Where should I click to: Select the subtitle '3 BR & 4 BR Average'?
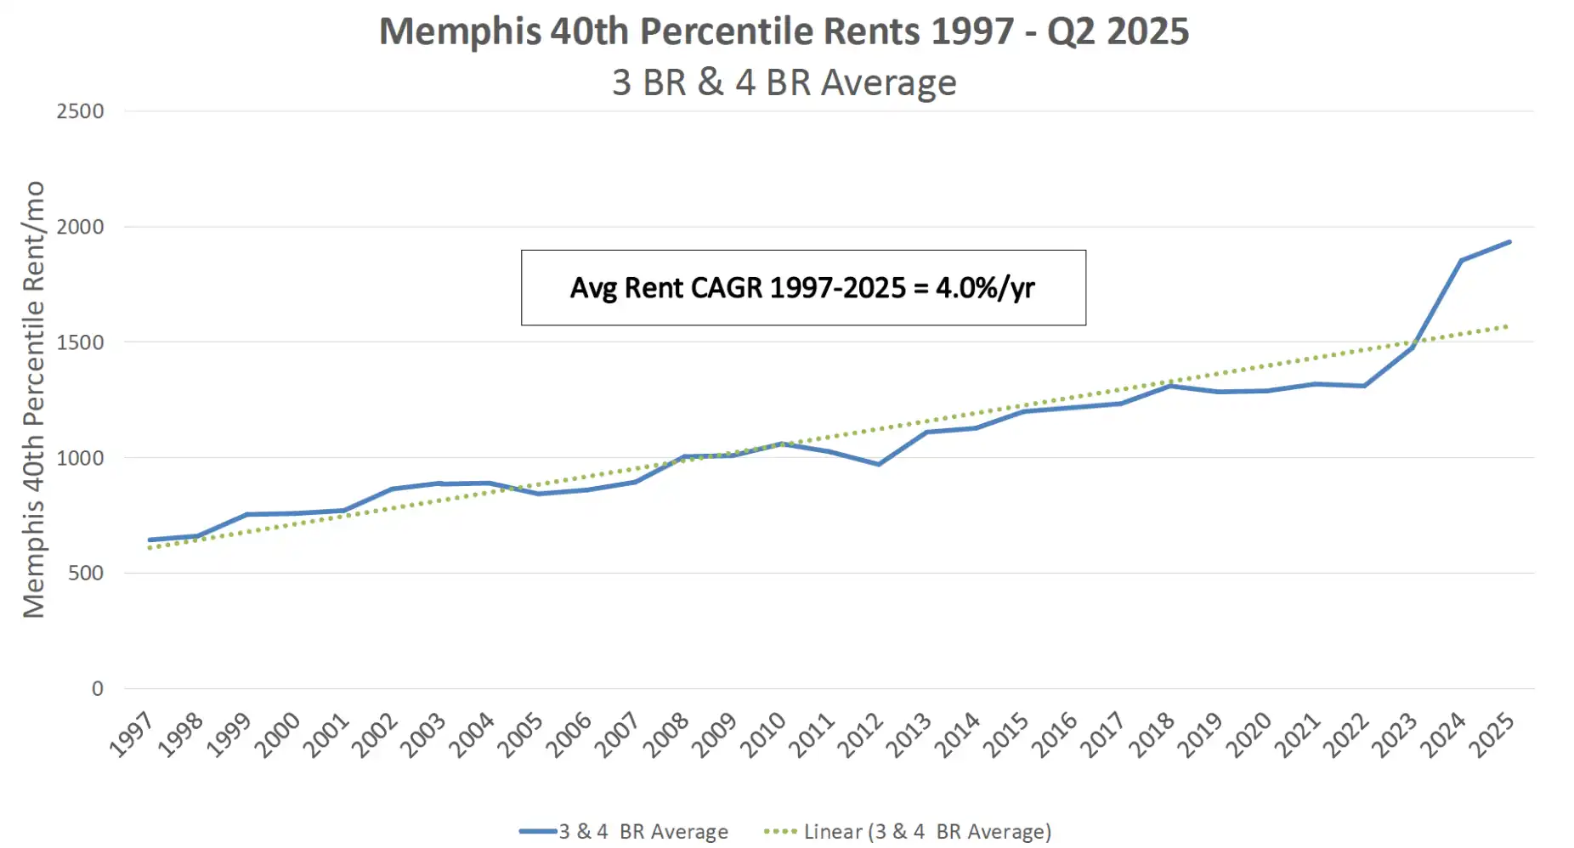click(784, 83)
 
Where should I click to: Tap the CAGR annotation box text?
click(802, 288)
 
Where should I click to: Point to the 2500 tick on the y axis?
click(80, 111)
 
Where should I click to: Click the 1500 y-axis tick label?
click(80, 342)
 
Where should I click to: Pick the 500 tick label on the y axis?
click(86, 574)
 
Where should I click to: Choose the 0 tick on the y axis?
click(98, 689)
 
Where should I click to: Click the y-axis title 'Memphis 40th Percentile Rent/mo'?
click(33, 399)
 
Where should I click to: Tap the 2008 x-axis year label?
click(665, 735)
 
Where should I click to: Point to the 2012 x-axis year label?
click(860, 735)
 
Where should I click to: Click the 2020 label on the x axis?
click(1248, 735)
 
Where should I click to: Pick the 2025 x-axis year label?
click(1492, 735)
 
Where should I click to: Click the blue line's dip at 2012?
click(879, 464)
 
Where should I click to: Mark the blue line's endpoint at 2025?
click(1509, 242)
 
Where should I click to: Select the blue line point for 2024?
click(1461, 261)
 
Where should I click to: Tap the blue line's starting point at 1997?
click(150, 540)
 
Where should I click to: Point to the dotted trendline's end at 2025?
click(1508, 326)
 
